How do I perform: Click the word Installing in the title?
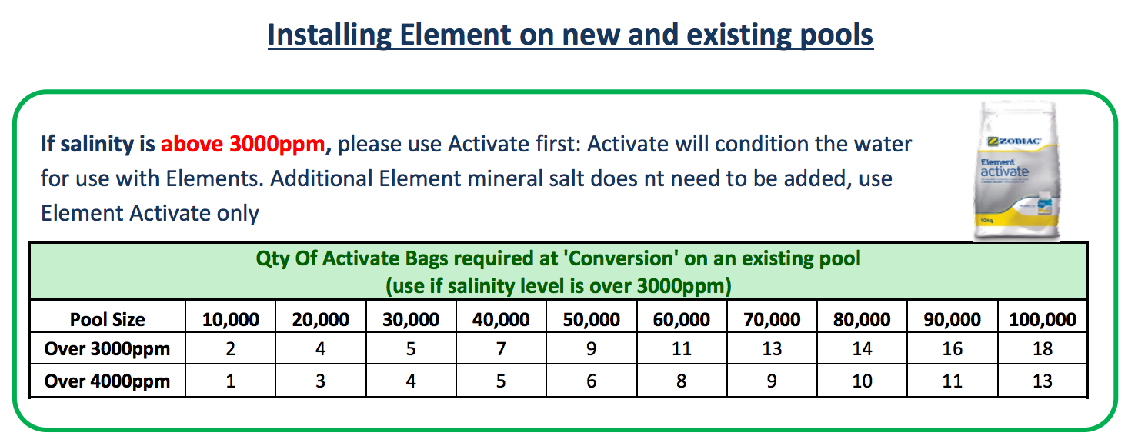point(329,35)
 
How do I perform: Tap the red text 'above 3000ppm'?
point(242,145)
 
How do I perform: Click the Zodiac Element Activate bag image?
point(1016,171)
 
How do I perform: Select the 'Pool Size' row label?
point(107,320)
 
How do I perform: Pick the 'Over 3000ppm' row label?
point(107,349)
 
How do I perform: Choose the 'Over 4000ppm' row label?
point(107,381)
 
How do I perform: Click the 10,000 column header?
point(231,320)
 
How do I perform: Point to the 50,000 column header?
point(591,320)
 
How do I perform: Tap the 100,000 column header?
point(1043,320)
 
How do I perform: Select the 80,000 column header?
point(862,320)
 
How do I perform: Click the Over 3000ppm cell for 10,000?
point(231,349)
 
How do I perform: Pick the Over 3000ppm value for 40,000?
point(501,349)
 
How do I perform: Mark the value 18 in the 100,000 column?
point(1043,349)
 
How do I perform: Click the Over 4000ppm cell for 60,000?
point(681,381)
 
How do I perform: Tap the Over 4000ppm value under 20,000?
point(321,381)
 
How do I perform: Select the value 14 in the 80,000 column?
point(862,349)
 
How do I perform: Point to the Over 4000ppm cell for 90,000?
point(953,381)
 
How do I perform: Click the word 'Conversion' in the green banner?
point(620,258)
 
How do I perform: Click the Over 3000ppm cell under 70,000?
point(772,349)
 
